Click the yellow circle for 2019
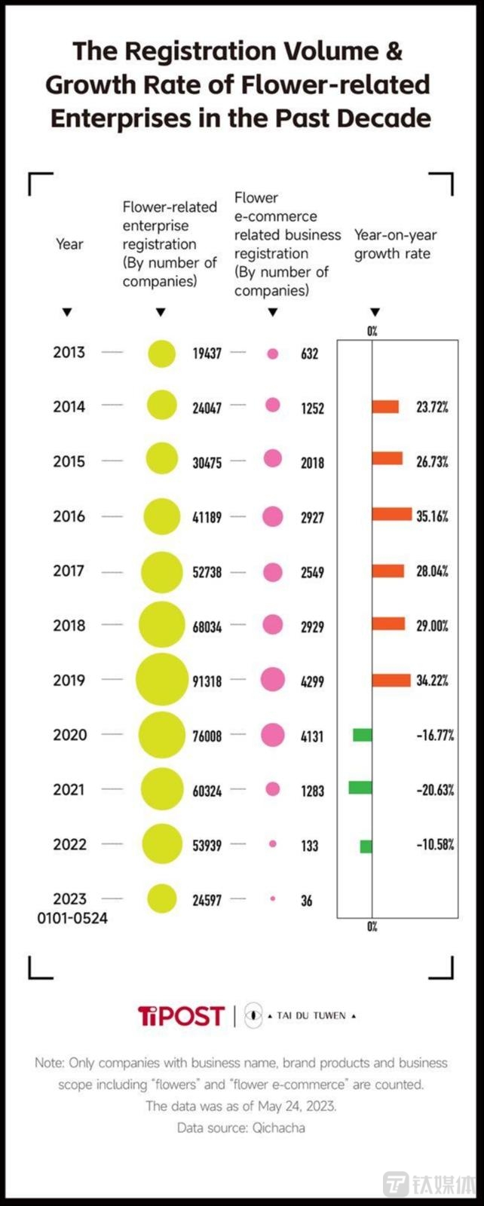coord(161,680)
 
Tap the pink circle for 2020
coord(272,735)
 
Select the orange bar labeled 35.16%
coord(392,516)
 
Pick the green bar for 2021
coord(360,788)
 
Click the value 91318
coord(207,681)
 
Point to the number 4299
coord(312,681)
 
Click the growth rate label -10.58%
coord(435,845)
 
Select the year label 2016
coord(69,516)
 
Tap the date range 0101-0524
coord(72,918)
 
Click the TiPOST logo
coord(181,1016)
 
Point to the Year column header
coord(69,244)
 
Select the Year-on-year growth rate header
coord(395,244)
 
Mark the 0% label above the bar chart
coord(372,331)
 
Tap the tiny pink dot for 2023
coord(272,898)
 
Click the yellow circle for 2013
coord(161,354)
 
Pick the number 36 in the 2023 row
coord(306,900)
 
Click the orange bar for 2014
coord(385,407)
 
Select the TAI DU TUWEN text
coord(311,1016)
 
